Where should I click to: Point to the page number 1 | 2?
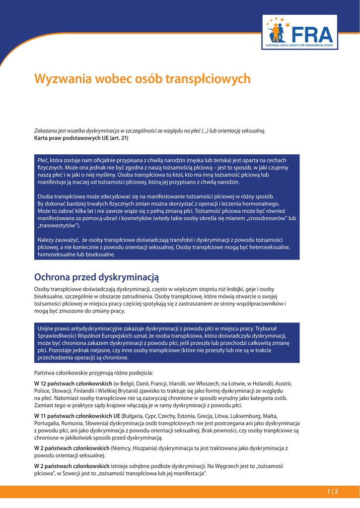click(x=332, y=492)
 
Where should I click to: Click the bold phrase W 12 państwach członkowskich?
click(x=73, y=383)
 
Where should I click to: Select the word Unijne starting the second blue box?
click(x=46, y=328)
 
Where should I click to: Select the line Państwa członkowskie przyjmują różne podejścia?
click(x=93, y=372)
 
